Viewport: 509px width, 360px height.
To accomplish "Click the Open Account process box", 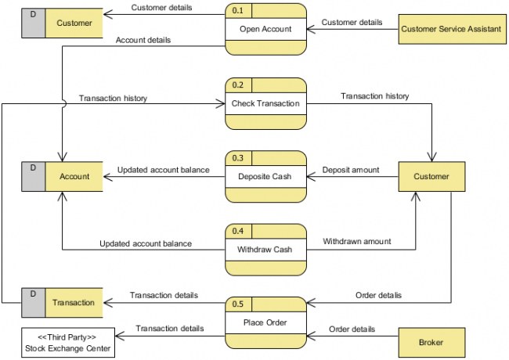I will [265, 30].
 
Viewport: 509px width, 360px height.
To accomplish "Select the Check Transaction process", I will [265, 103].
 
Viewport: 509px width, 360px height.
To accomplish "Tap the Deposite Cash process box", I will [265, 177].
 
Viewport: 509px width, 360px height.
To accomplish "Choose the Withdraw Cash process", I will [265, 250].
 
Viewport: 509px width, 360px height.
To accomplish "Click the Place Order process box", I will [265, 322].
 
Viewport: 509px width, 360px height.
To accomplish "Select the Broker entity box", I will [431, 343].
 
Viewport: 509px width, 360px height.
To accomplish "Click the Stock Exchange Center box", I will [67, 343].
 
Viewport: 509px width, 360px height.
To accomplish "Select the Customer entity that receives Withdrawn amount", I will [431, 177].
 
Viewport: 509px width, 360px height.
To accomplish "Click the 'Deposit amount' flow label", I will [351, 170].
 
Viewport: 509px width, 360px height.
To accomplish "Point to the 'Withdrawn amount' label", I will [357, 242].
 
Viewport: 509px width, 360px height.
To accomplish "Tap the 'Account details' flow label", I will [143, 40].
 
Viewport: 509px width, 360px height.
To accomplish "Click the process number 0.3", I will [238, 158].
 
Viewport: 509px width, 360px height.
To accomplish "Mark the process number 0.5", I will [238, 304].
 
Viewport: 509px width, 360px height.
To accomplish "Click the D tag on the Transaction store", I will [33, 293].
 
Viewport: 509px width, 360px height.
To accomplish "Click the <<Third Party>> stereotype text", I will [67, 337].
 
